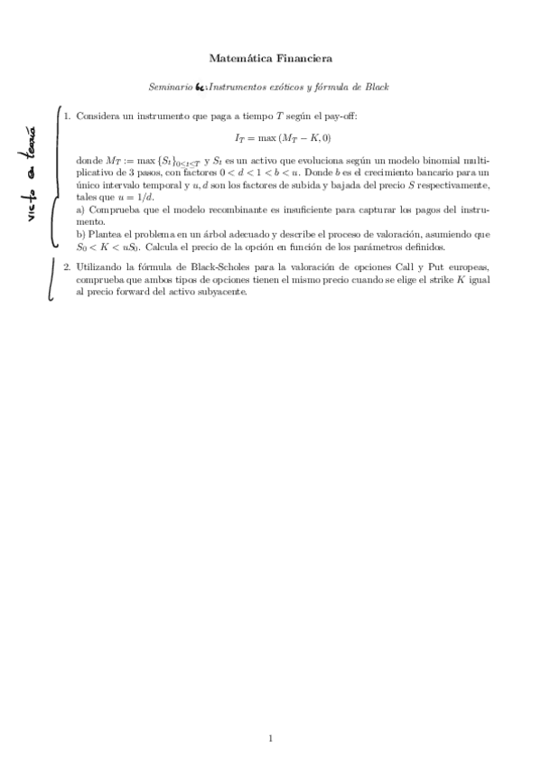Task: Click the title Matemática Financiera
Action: pos(270,59)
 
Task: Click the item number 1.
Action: pos(67,117)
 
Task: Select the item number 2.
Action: pos(67,267)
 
